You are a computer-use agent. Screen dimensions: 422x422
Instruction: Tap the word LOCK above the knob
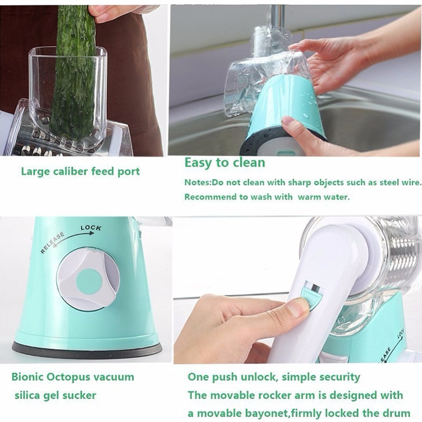click(x=91, y=228)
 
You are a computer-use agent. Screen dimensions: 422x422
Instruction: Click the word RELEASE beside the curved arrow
click(x=52, y=242)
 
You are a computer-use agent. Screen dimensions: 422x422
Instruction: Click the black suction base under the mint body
click(x=87, y=349)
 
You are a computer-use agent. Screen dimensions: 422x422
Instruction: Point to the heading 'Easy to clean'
click(x=224, y=162)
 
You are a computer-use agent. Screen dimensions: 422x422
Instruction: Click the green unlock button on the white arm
click(x=311, y=295)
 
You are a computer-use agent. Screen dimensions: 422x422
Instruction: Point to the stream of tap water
click(x=279, y=21)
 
